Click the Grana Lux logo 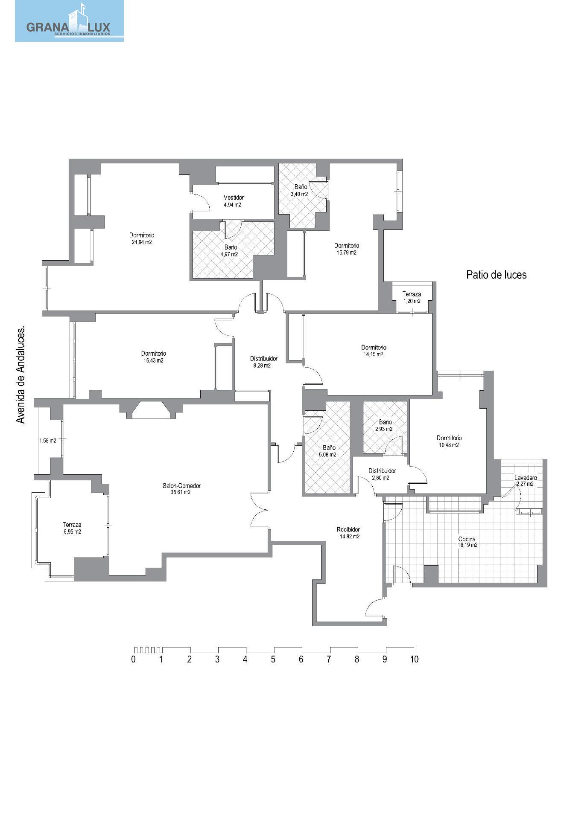(x=69, y=21)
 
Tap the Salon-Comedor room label (x=181, y=485)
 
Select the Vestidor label (x=234, y=197)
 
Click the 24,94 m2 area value (x=142, y=242)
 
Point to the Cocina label (x=467, y=539)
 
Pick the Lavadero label (x=526, y=478)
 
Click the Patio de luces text (x=496, y=275)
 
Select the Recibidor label (x=348, y=529)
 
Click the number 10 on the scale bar (x=414, y=659)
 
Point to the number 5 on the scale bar (x=273, y=659)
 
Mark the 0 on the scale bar (x=134, y=659)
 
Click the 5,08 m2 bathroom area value (x=327, y=455)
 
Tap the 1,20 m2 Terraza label (x=412, y=297)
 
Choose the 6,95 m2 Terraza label (x=72, y=528)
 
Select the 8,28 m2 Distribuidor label (x=264, y=362)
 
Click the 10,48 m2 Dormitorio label (x=449, y=441)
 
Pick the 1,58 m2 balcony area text (x=47, y=441)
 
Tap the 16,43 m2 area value (x=153, y=360)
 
